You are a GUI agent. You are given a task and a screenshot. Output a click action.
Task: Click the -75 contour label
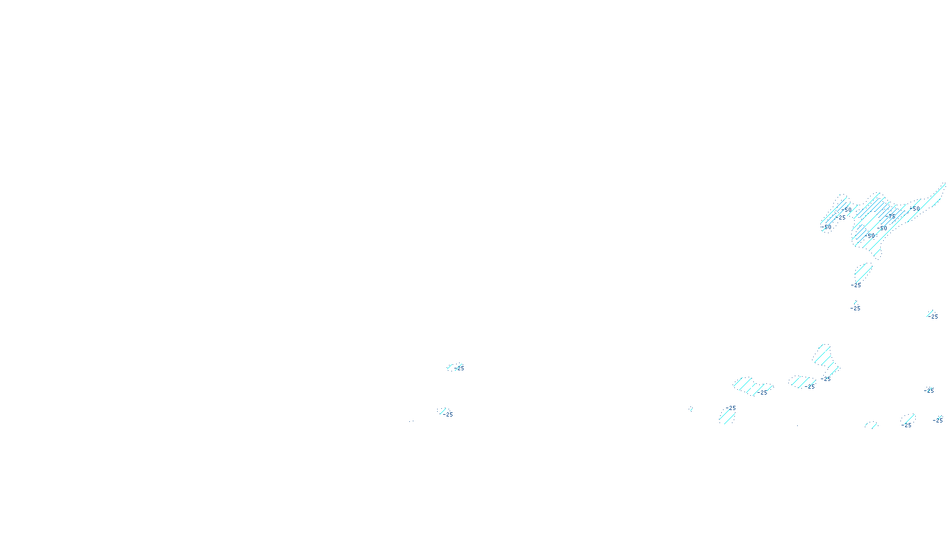tap(891, 216)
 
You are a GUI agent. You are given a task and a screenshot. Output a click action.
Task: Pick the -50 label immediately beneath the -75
tap(883, 228)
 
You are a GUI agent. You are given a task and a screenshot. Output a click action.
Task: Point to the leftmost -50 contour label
tap(826, 227)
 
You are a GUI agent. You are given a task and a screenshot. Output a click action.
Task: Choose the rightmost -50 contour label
tap(916, 209)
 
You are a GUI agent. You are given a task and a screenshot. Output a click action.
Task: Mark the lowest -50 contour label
tap(870, 236)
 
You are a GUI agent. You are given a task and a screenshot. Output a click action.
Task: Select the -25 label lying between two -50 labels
tap(840, 217)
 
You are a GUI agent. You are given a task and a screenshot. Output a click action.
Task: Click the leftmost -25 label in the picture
tap(448, 415)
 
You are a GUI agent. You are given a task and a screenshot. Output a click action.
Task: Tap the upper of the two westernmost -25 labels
tap(459, 368)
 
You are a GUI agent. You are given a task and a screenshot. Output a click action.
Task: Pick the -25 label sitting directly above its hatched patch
tap(731, 408)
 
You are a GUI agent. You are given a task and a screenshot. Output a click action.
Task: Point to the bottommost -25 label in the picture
tap(906, 425)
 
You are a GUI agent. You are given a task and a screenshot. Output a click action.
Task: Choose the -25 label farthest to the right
tap(938, 420)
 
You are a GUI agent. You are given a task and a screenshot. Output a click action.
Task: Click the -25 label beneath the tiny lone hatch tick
tap(855, 309)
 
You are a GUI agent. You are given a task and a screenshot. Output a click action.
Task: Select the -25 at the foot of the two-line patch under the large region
tap(856, 285)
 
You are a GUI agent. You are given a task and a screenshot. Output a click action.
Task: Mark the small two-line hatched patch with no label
tap(871, 424)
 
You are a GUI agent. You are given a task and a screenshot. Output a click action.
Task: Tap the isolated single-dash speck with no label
tap(690, 409)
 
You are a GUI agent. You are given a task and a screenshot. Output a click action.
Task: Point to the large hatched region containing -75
tap(872, 220)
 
